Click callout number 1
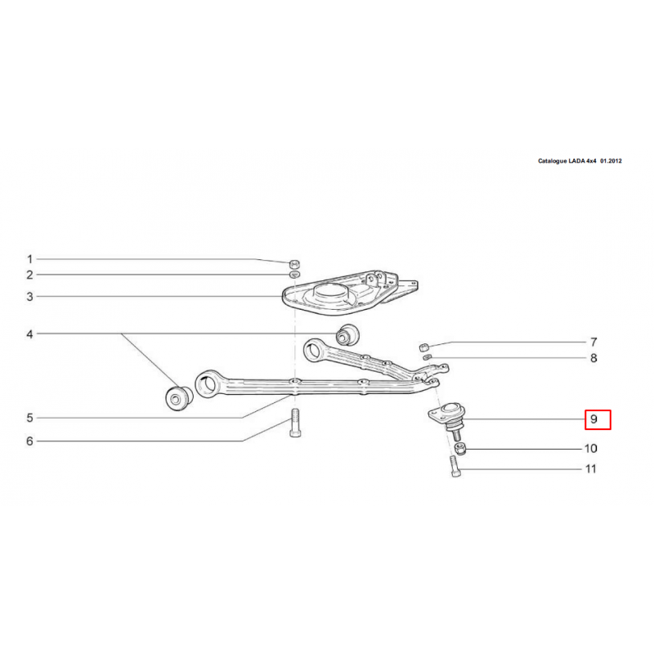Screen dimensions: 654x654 click(29, 259)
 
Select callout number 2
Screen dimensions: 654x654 click(29, 275)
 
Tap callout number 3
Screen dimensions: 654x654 click(29, 297)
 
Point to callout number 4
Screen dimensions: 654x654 click(29, 334)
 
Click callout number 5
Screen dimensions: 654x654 click(29, 418)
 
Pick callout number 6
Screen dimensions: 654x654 click(29, 441)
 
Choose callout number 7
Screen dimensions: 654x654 click(594, 343)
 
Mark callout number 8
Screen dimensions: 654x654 click(594, 358)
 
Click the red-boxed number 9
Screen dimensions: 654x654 click(598, 419)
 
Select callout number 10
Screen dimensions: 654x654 click(591, 448)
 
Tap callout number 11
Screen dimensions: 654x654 click(591, 469)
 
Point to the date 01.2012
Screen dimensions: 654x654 click(611, 161)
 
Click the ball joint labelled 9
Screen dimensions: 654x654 click(448, 419)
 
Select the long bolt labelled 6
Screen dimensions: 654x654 click(294, 423)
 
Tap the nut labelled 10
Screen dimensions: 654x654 click(459, 449)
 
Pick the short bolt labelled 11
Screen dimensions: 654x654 click(455, 466)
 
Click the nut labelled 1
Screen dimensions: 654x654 click(294, 263)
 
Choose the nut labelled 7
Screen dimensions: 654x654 click(424, 346)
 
